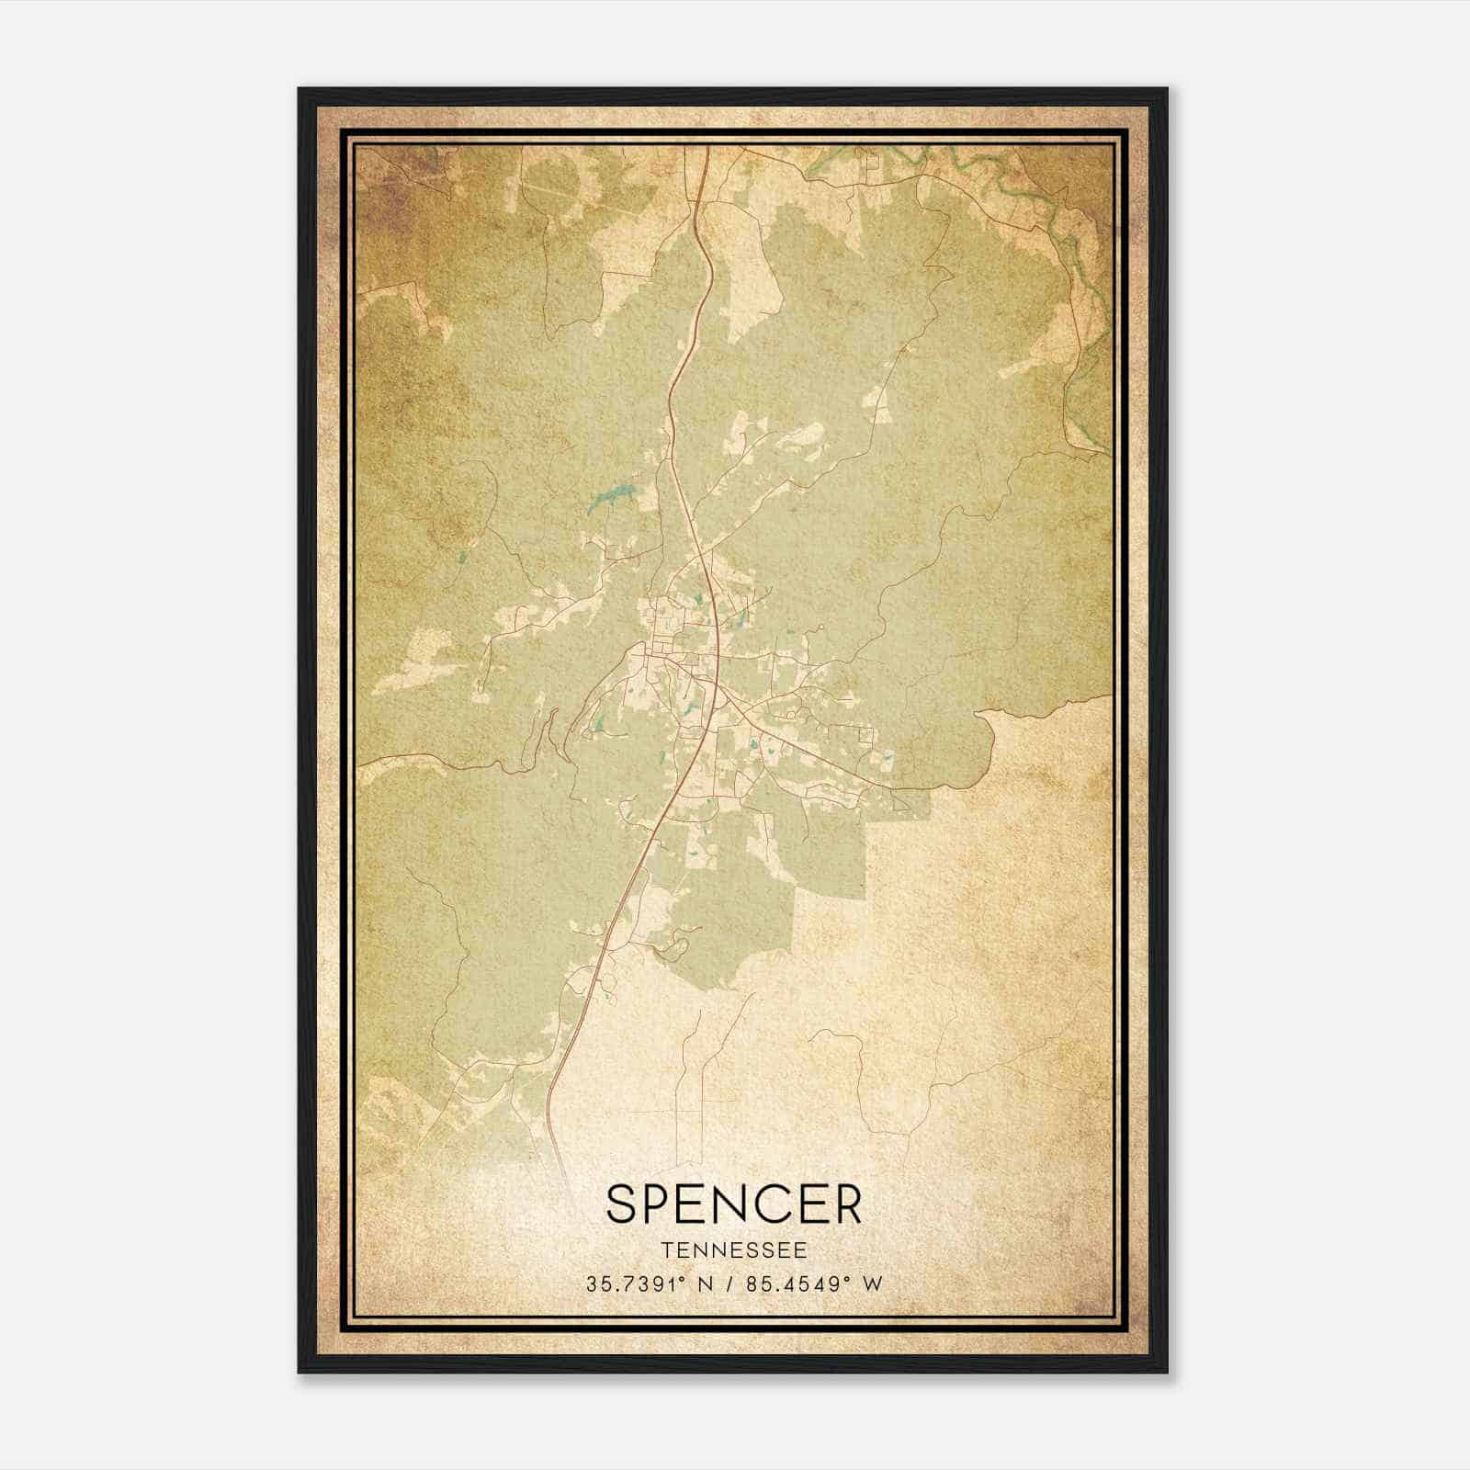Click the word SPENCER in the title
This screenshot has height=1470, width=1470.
734,1204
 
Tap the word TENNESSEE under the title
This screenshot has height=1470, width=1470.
734,1250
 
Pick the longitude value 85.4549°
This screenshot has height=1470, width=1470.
794,1283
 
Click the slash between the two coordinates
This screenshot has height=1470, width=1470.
728,1283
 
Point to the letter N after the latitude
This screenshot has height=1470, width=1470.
706,1283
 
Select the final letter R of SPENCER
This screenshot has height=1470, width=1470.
847,1204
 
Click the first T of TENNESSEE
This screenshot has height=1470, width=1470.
665,1250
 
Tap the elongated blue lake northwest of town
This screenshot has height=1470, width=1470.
605,499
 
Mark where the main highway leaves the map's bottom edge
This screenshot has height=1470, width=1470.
561,1176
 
